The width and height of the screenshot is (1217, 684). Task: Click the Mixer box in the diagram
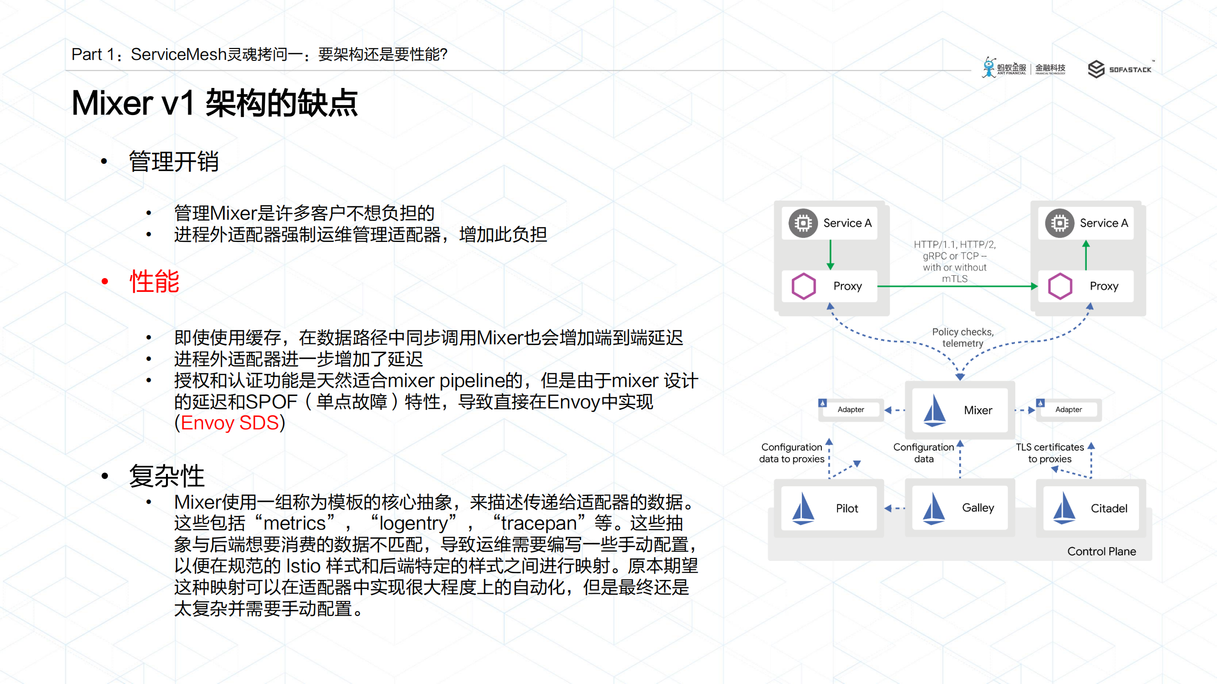click(959, 410)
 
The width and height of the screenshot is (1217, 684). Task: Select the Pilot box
click(828, 508)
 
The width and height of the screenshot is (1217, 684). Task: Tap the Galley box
click(959, 508)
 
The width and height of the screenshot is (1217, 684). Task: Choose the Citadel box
click(1090, 508)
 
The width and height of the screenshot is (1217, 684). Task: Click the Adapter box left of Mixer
click(850, 409)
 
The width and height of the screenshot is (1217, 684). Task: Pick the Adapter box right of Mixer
click(1068, 409)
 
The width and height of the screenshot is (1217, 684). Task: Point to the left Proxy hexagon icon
click(804, 286)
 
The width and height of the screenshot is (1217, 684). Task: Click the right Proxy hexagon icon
click(1060, 286)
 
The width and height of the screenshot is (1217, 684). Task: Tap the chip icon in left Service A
click(803, 223)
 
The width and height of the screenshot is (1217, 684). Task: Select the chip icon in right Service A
click(1060, 223)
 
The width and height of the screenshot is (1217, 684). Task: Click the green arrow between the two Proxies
click(956, 286)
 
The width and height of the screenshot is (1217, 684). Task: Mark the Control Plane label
click(1101, 551)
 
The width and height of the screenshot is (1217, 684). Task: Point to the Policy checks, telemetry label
click(963, 337)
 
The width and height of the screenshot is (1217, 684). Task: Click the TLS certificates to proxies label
click(1050, 453)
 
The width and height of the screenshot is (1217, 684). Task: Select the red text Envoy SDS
click(230, 423)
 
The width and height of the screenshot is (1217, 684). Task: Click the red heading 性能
click(155, 281)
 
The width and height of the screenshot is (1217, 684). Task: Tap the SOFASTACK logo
click(1120, 69)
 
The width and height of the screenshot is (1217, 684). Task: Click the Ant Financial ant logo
click(989, 67)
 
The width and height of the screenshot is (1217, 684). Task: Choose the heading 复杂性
click(166, 476)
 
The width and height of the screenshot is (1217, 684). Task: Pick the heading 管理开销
click(174, 162)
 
